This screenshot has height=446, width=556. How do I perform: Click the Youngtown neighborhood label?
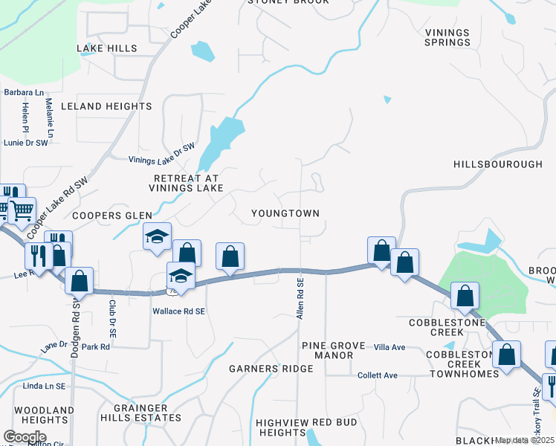point(285,213)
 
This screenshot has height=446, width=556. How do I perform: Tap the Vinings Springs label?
point(447,37)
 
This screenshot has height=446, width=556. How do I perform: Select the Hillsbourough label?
point(498,164)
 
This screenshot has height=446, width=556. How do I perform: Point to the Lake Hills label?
point(107,48)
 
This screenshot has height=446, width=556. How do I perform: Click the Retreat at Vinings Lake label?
point(188,184)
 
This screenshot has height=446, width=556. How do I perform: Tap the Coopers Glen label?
point(112,216)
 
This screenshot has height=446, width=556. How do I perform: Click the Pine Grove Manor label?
point(328,351)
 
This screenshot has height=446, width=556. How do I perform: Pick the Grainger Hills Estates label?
point(147,413)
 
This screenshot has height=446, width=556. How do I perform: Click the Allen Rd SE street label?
point(300,300)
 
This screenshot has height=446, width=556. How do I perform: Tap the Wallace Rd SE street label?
point(178,311)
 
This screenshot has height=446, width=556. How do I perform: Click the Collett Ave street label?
point(378,375)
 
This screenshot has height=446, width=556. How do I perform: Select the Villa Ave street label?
point(389,347)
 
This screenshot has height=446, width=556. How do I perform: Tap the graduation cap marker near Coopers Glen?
point(157,237)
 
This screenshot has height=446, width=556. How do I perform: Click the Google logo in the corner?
point(25,436)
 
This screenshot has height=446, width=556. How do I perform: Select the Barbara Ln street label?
point(23,93)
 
